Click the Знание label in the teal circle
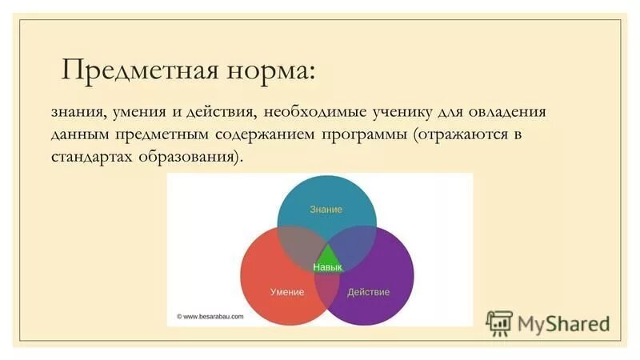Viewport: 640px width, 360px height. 326,210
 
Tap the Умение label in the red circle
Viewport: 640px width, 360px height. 286,292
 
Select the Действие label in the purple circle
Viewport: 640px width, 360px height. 368,292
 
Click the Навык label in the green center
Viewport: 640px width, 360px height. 327,267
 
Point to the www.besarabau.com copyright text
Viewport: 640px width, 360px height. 210,316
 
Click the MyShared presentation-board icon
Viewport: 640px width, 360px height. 500,323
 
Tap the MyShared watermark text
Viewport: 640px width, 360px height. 563,324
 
